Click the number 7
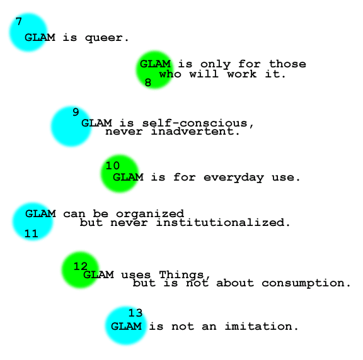(x=19, y=21)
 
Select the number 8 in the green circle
(x=148, y=82)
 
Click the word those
(x=287, y=64)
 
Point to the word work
(x=242, y=74)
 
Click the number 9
(x=76, y=112)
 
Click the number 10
(x=113, y=166)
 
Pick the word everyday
(x=234, y=178)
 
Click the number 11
(x=32, y=233)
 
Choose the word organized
(x=150, y=214)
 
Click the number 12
(x=81, y=266)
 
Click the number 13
(x=135, y=313)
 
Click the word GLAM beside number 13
(x=126, y=327)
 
